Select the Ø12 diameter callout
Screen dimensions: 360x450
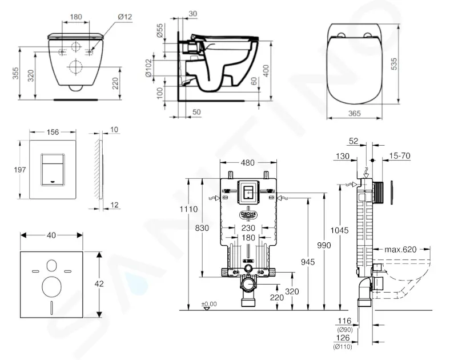tap(125, 17)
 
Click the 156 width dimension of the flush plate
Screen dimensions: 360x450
tap(53, 133)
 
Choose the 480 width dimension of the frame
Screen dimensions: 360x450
tap(248, 163)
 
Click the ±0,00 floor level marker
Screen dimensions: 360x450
tap(210, 303)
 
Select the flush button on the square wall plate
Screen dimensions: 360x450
tap(53, 169)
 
